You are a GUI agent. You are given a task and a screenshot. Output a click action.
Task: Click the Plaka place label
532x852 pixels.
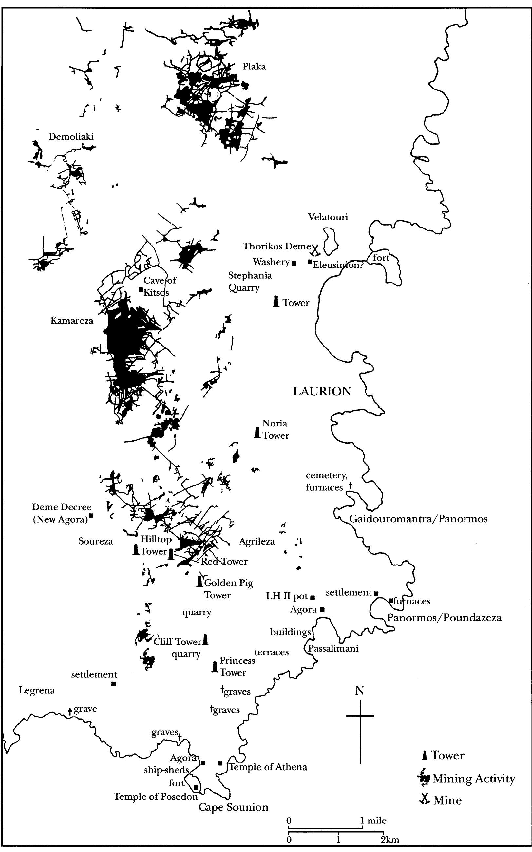point(254,67)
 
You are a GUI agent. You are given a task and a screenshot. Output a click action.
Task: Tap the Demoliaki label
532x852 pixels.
point(71,137)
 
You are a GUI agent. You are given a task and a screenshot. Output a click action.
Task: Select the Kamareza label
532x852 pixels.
point(72,320)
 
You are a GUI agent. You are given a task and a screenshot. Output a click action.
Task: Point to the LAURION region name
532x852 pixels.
point(322,391)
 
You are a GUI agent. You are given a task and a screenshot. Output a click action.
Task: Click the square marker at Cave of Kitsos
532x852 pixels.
point(141,289)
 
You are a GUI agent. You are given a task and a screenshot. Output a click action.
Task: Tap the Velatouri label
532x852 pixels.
point(328,217)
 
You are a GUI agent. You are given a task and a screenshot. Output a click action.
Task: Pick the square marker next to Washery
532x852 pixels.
point(294,263)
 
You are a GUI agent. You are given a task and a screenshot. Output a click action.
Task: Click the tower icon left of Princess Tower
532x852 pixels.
point(214,667)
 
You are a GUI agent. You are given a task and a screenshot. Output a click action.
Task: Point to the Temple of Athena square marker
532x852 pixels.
point(220,763)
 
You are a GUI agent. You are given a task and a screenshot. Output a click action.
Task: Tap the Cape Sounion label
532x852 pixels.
point(233,807)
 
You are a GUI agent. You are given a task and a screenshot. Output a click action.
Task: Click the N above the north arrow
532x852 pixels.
point(359,690)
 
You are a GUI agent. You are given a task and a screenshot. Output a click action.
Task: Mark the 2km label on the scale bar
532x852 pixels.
point(389,840)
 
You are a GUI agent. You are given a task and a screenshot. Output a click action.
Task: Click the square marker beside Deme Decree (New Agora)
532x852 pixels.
point(91,516)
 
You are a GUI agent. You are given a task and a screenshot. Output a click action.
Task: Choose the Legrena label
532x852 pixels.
point(37,690)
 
